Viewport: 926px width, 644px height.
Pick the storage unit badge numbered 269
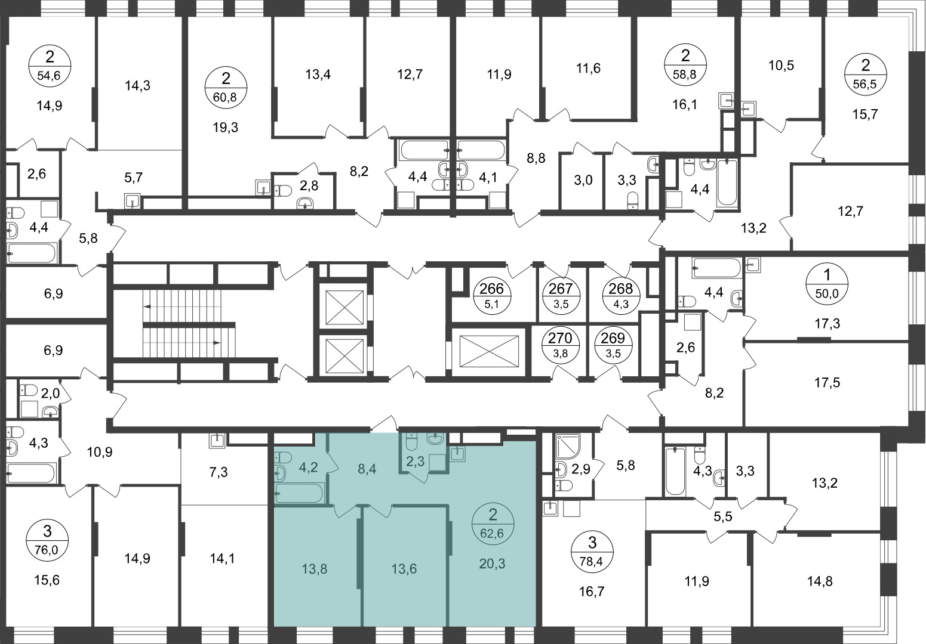[x=613, y=344]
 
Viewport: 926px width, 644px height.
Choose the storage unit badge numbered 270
[x=560, y=344]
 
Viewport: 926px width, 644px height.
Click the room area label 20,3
[x=493, y=563]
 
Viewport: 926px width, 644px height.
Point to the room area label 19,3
[x=226, y=128]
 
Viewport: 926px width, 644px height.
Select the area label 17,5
[x=827, y=382]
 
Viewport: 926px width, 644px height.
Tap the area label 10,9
[x=100, y=452]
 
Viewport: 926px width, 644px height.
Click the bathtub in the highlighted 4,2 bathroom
[x=300, y=493]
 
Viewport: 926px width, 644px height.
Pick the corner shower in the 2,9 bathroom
[x=568, y=446]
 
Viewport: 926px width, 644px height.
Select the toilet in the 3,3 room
[x=633, y=202]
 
